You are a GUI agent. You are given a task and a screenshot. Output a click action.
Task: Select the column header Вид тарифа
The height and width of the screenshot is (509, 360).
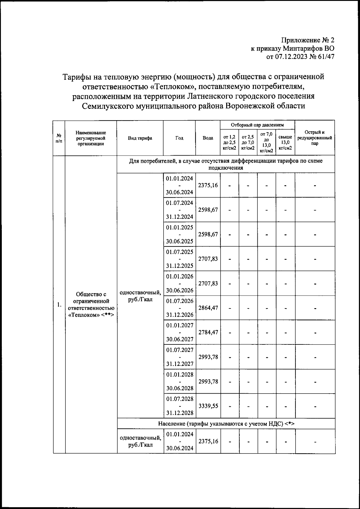[x=140, y=138]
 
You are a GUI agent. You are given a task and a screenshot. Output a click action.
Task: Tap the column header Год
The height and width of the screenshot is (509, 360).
[x=179, y=138]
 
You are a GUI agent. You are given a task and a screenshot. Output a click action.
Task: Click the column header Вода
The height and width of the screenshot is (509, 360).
[x=208, y=138]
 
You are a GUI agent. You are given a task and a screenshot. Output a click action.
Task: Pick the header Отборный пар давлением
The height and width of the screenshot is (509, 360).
[x=257, y=125]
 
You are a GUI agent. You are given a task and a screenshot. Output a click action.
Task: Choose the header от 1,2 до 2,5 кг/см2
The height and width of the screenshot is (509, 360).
[x=229, y=143]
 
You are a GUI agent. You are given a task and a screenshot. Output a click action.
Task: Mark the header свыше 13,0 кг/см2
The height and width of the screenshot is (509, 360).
[x=285, y=143]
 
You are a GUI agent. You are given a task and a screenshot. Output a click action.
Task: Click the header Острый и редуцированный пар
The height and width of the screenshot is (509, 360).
[x=315, y=138]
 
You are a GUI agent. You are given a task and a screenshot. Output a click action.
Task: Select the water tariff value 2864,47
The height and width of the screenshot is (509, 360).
[x=208, y=308]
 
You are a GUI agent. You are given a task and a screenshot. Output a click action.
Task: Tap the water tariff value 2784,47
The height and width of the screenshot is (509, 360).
[x=208, y=332]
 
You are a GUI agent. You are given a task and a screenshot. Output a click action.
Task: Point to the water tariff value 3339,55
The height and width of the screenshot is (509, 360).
[x=208, y=406]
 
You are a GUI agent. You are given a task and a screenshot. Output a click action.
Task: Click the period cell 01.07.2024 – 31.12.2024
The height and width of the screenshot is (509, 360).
[x=179, y=210]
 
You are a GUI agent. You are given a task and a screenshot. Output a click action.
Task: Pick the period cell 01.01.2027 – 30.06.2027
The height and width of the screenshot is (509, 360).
[x=179, y=332]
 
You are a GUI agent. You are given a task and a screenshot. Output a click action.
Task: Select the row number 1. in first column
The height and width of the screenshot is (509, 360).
[x=59, y=305]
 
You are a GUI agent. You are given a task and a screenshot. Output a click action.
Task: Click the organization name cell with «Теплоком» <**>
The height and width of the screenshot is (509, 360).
[x=91, y=305]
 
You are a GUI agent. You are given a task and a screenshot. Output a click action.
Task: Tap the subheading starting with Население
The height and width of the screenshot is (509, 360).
[x=226, y=424]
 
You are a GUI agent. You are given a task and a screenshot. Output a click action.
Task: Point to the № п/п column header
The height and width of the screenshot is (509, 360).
[x=59, y=138]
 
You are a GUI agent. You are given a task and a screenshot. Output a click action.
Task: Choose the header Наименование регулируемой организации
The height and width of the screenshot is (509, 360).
[x=91, y=138]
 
